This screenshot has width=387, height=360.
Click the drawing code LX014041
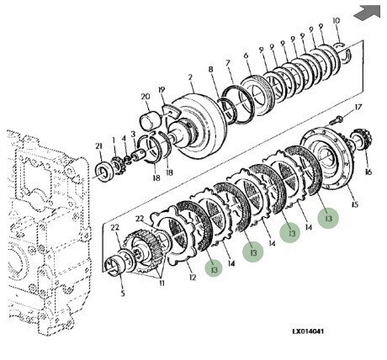coord(308,331)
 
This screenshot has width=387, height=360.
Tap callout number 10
coord(336,20)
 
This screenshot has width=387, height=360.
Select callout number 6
coord(246,56)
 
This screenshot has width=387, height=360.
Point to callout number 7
coord(228,63)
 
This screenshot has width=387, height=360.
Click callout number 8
coord(211,70)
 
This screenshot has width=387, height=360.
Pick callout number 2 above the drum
coord(190,77)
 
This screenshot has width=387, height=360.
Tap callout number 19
coord(162,90)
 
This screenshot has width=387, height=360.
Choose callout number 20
coord(146,97)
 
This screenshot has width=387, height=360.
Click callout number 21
coord(98,146)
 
